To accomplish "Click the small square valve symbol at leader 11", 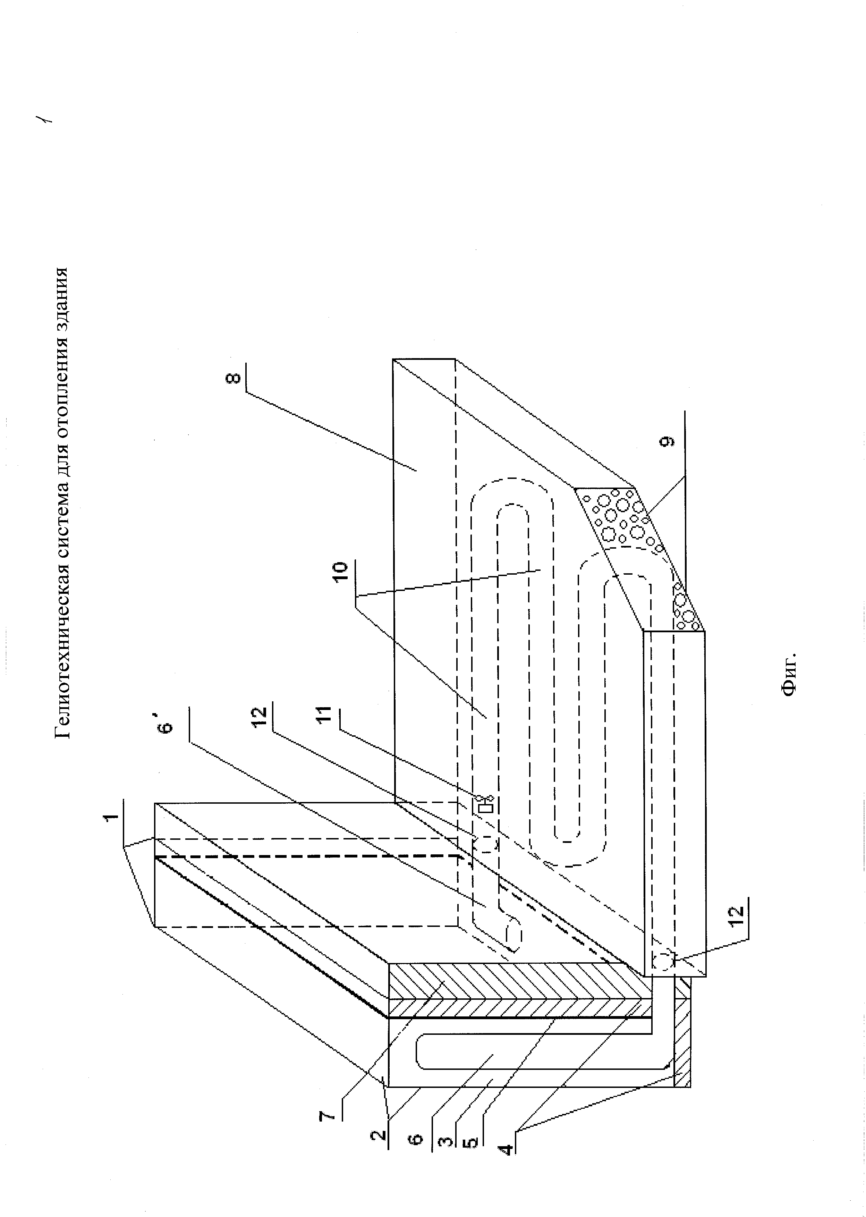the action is coord(486,806).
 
